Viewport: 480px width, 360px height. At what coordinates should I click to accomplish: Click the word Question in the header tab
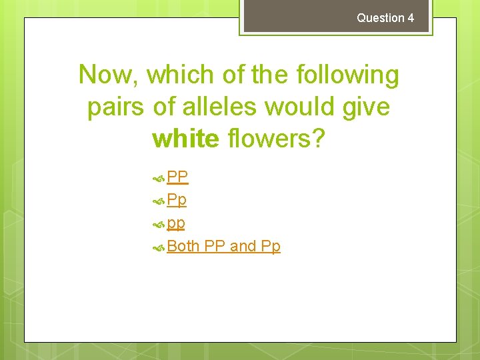click(x=380, y=18)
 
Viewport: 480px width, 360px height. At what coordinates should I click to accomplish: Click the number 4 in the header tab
click(x=411, y=18)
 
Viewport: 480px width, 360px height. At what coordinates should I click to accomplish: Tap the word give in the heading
click(x=365, y=107)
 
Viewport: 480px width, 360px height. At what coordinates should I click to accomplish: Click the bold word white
click(x=185, y=138)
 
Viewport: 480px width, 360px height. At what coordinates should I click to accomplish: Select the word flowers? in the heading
click(x=275, y=138)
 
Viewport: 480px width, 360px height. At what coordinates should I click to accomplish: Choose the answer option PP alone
click(x=177, y=177)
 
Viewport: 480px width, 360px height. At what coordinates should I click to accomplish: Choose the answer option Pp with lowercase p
click(x=177, y=199)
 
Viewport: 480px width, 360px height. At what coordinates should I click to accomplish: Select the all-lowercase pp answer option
click(x=176, y=223)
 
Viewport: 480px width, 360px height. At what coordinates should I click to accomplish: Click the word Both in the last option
click(x=183, y=246)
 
